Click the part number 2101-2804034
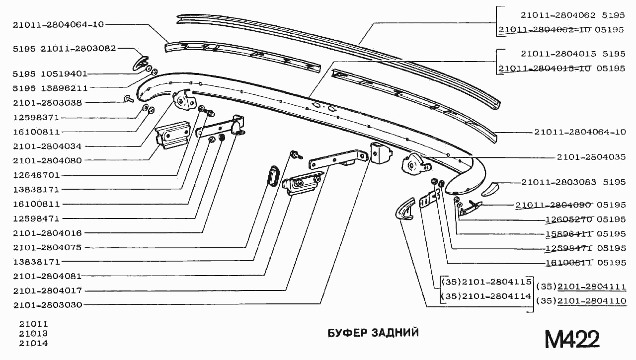(48, 146)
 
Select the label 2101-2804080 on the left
(48, 161)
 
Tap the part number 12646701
(37, 175)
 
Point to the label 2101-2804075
(48, 247)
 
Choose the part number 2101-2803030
(48, 305)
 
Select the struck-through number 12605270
(566, 219)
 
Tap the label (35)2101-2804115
(486, 282)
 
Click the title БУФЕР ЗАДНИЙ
(373, 333)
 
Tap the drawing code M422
(572, 339)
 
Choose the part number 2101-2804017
(48, 290)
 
